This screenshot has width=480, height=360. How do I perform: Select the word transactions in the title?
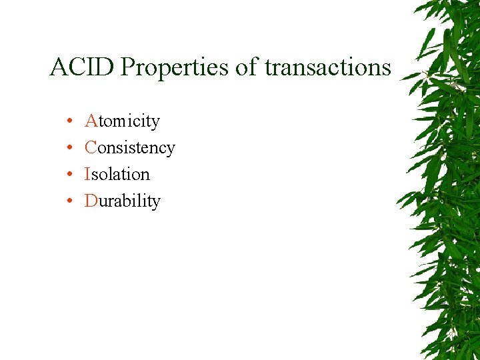tap(328, 67)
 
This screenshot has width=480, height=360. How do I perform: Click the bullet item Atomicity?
tap(123, 121)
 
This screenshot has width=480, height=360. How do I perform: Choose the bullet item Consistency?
tap(130, 148)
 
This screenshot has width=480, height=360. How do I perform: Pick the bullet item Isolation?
tap(117, 174)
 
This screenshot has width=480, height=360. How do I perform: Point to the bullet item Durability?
tap(123, 201)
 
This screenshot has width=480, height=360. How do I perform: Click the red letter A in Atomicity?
tap(91, 121)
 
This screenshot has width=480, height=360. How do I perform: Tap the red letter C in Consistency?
tap(91, 147)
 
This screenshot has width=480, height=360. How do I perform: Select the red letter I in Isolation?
tap(87, 174)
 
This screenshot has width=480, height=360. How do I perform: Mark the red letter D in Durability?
tap(91, 201)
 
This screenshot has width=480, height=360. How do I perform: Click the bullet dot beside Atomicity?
tap(69, 122)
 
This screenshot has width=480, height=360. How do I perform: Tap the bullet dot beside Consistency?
tap(69, 149)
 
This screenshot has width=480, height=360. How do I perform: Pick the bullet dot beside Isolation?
tap(69, 175)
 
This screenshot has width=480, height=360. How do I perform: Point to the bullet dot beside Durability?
tap(69, 202)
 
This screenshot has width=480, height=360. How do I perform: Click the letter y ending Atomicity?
tap(156, 123)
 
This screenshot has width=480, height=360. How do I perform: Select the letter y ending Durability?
tap(157, 203)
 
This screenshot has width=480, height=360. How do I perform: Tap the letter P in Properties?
tap(129, 67)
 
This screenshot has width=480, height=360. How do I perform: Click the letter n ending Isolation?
tap(145, 175)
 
